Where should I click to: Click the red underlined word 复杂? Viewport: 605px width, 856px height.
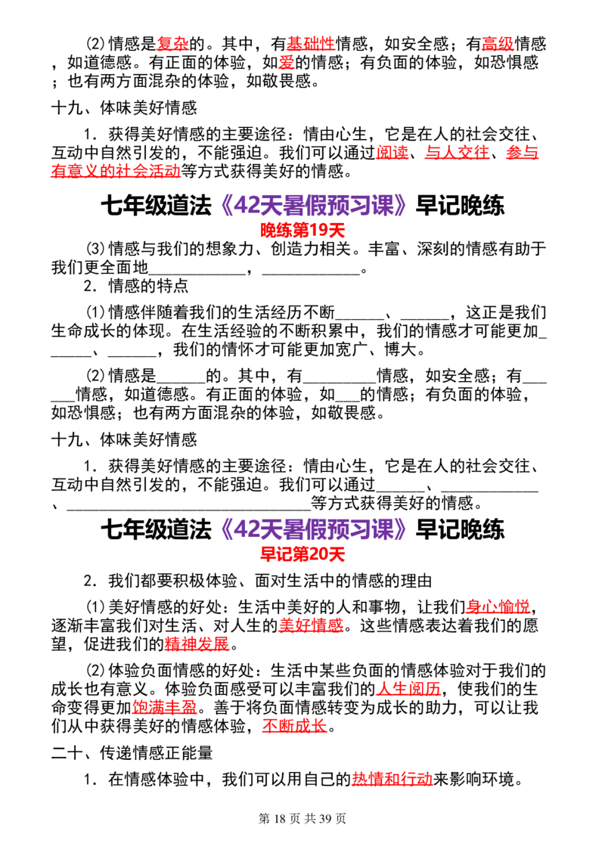[x=172, y=44]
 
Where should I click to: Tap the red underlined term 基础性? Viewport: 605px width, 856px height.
[x=311, y=44]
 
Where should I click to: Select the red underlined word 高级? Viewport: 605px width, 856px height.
[x=498, y=44]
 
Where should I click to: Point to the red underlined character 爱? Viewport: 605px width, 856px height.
[x=287, y=62]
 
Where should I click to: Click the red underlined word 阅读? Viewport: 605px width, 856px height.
[x=392, y=152]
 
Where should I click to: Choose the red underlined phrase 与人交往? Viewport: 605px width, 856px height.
[x=457, y=152]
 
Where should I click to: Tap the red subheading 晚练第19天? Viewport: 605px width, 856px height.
[x=302, y=231]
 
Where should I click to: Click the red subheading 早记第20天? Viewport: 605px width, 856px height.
[x=302, y=554]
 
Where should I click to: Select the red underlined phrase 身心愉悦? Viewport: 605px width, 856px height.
[x=498, y=606]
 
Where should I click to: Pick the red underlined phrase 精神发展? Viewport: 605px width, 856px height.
[x=197, y=644]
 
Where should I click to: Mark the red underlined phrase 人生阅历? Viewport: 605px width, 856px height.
[x=408, y=689]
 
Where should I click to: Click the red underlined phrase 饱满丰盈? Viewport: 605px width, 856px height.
[x=164, y=708]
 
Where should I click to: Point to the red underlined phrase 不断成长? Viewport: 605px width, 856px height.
[x=294, y=726]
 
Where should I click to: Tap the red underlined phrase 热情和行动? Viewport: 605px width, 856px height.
[x=392, y=779]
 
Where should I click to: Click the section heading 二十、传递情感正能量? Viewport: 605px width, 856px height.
[x=132, y=753]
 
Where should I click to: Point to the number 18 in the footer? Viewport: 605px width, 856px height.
[x=280, y=818]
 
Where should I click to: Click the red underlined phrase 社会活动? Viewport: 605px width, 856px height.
[x=148, y=171]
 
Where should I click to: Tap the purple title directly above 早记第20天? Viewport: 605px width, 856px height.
[x=313, y=529]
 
